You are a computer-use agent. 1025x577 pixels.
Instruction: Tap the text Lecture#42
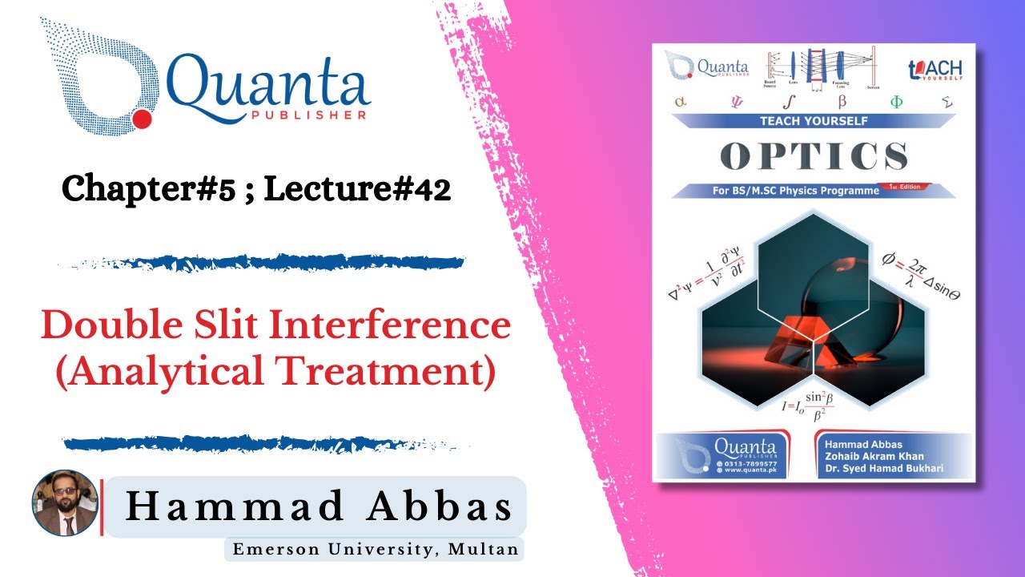(357, 189)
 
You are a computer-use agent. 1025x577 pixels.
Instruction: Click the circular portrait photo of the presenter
(65, 502)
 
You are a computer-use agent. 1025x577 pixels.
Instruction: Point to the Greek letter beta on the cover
(842, 103)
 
